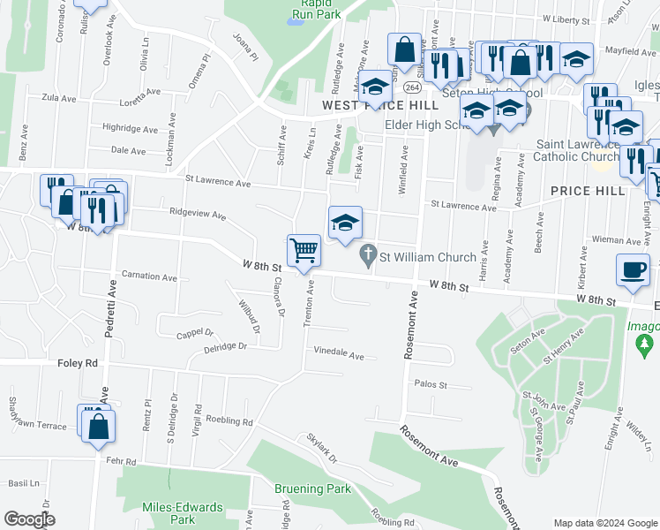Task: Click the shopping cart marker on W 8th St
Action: click(304, 250)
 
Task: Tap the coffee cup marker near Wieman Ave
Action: click(632, 269)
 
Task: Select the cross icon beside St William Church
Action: click(368, 257)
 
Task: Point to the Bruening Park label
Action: click(312, 488)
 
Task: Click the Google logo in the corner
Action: click(30, 519)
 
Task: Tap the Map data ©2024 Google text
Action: click(605, 522)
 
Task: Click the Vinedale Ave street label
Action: click(339, 355)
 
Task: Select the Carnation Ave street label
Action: click(149, 276)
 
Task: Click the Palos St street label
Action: click(431, 385)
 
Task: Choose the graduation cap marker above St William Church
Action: click(345, 222)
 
